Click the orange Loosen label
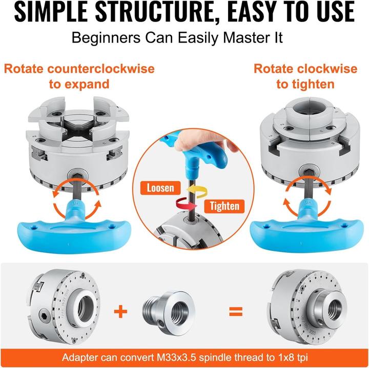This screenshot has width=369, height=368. pyautogui.click(x=160, y=188)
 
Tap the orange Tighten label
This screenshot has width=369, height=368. pyautogui.click(x=224, y=206)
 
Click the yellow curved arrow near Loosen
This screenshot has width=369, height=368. pyautogui.click(x=197, y=191)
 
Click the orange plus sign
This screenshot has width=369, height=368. pyautogui.click(x=120, y=311)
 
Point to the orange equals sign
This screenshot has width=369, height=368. pyautogui.click(x=236, y=312)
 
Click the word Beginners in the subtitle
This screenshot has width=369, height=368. pyautogui.click(x=106, y=37)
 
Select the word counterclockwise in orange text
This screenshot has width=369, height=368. pyautogui.click(x=101, y=69)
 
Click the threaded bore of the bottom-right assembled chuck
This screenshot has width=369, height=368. pyautogui.click(x=335, y=310)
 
